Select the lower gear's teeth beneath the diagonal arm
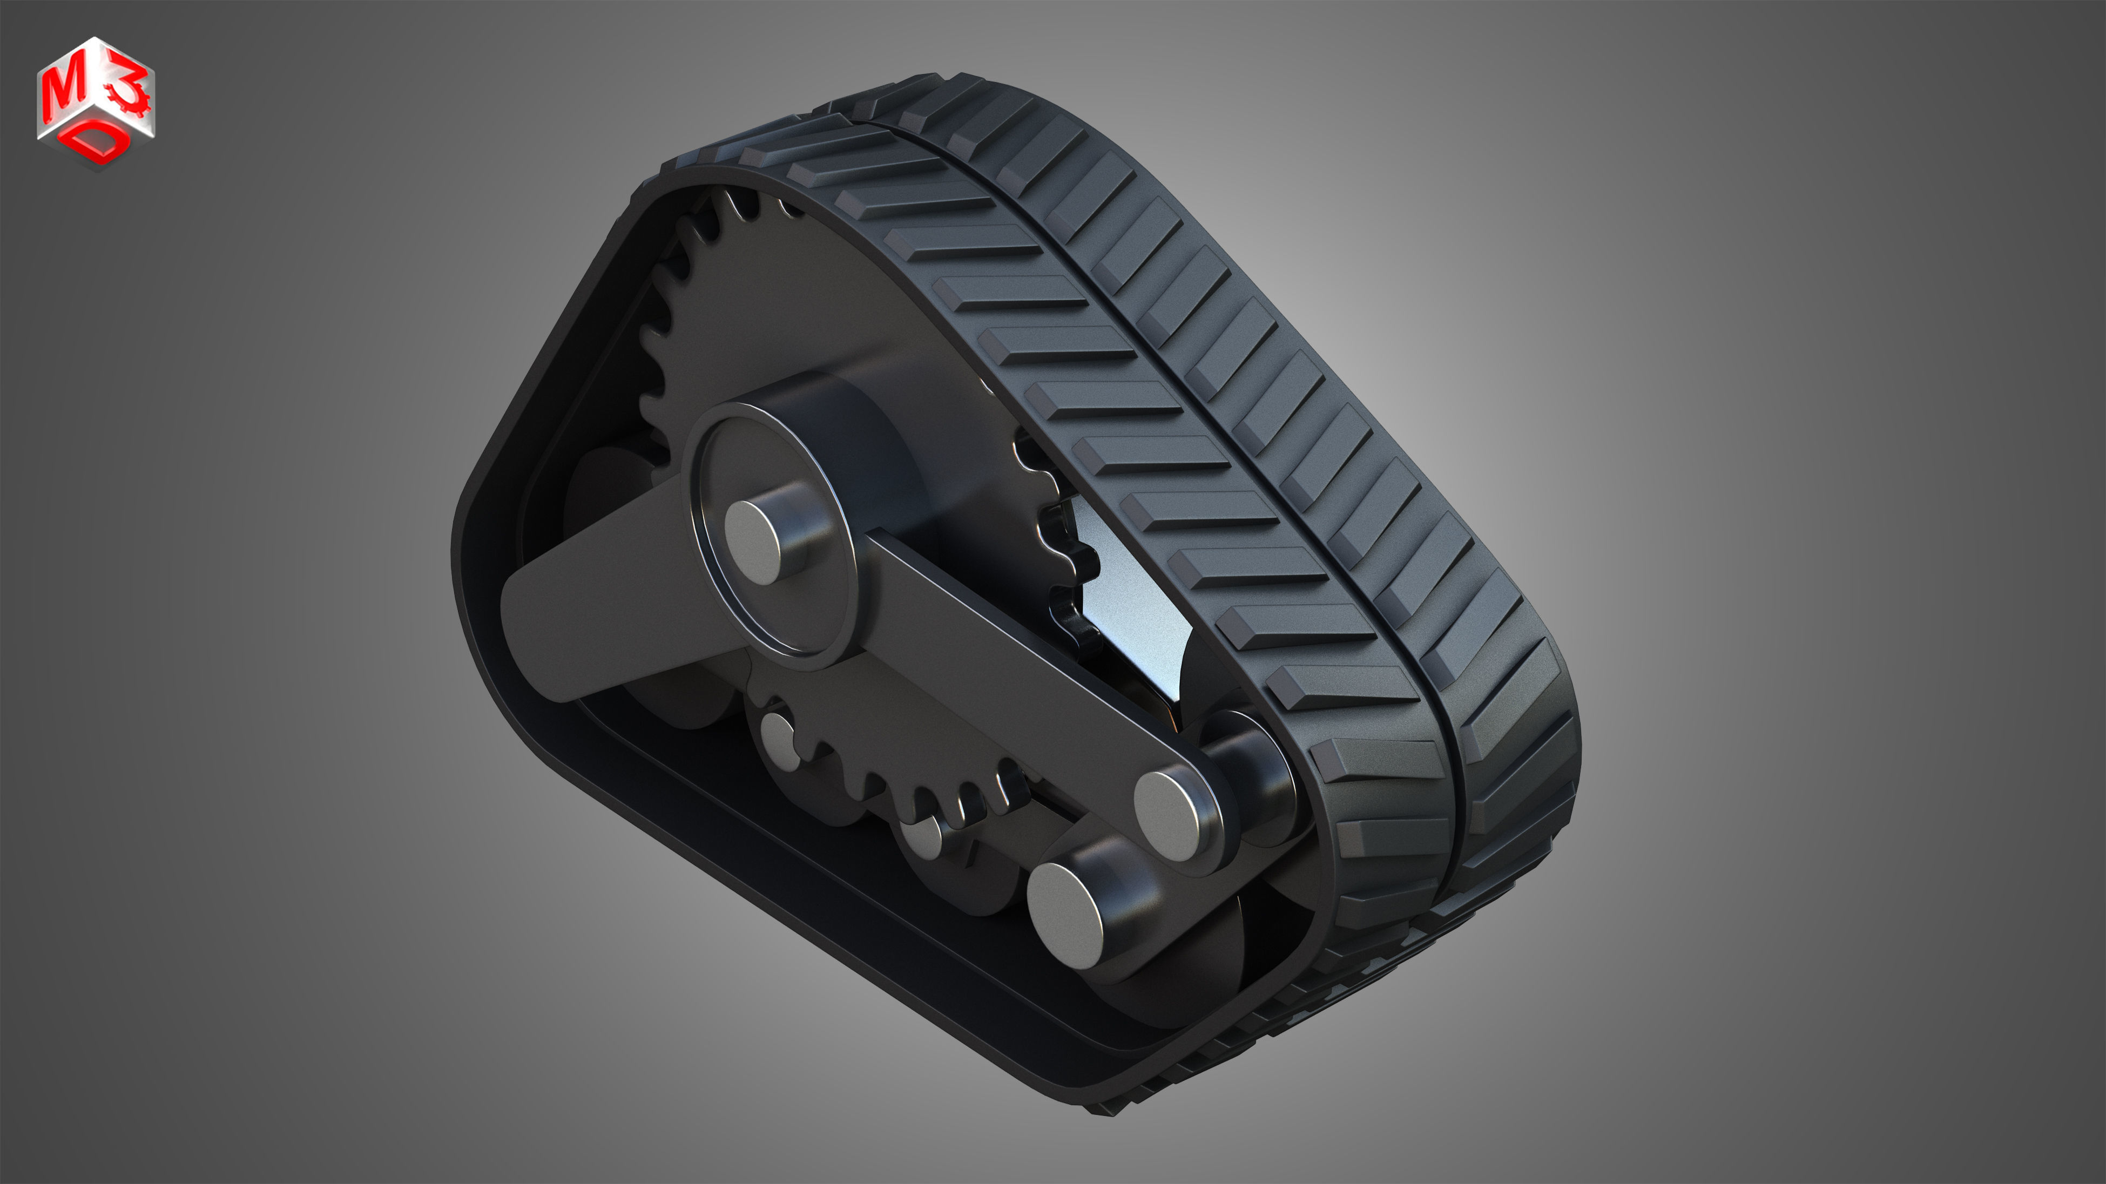point(916,784)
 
